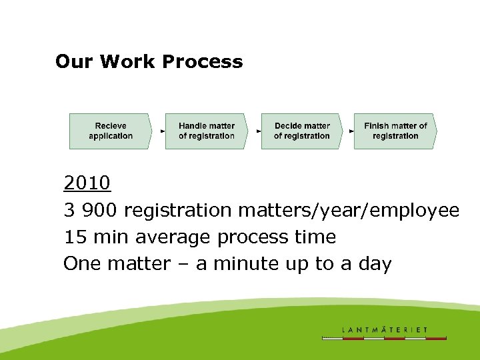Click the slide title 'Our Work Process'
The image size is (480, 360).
pyautogui.click(x=149, y=62)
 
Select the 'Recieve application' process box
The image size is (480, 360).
pyautogui.click(x=111, y=131)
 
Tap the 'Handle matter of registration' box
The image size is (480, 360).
pyautogui.click(x=206, y=131)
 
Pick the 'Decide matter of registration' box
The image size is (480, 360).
pyautogui.click(x=301, y=131)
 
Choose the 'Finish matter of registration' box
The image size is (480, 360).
pyautogui.click(x=395, y=131)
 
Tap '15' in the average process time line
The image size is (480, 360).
pyautogui.click(x=73, y=237)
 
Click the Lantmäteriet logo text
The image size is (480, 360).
pyautogui.click(x=384, y=329)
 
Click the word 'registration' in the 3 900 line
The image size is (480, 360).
pyautogui.click(x=177, y=210)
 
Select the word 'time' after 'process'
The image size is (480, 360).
pyautogui.click(x=315, y=237)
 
